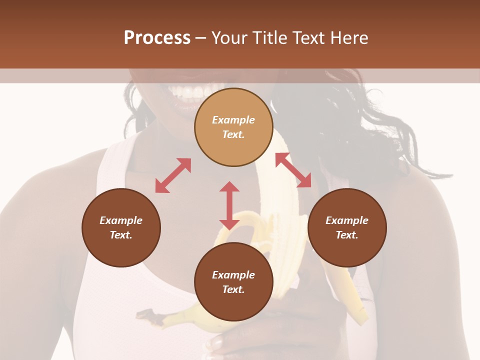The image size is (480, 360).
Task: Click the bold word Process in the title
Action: pyautogui.click(x=157, y=38)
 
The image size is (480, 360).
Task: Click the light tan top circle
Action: pyautogui.click(x=233, y=127)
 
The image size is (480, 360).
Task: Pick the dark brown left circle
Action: pyautogui.click(x=121, y=227)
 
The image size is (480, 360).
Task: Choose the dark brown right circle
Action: pyautogui.click(x=347, y=227)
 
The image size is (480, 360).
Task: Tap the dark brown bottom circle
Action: pyautogui.click(x=233, y=282)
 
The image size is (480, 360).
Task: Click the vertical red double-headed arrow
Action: pyautogui.click(x=229, y=205)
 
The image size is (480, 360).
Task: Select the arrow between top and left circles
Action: pyautogui.click(x=173, y=175)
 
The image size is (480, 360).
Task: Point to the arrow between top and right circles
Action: pyautogui.click(x=293, y=170)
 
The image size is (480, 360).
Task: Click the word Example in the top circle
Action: pyautogui.click(x=233, y=120)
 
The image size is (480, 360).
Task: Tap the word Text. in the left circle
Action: pyautogui.click(x=121, y=235)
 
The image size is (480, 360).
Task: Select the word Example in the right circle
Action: pyautogui.click(x=347, y=220)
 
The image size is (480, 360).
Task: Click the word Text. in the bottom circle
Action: pyautogui.click(x=233, y=289)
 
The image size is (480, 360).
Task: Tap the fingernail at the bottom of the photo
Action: pyautogui.click(x=216, y=343)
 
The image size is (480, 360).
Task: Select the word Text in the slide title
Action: pyautogui.click(x=308, y=38)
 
